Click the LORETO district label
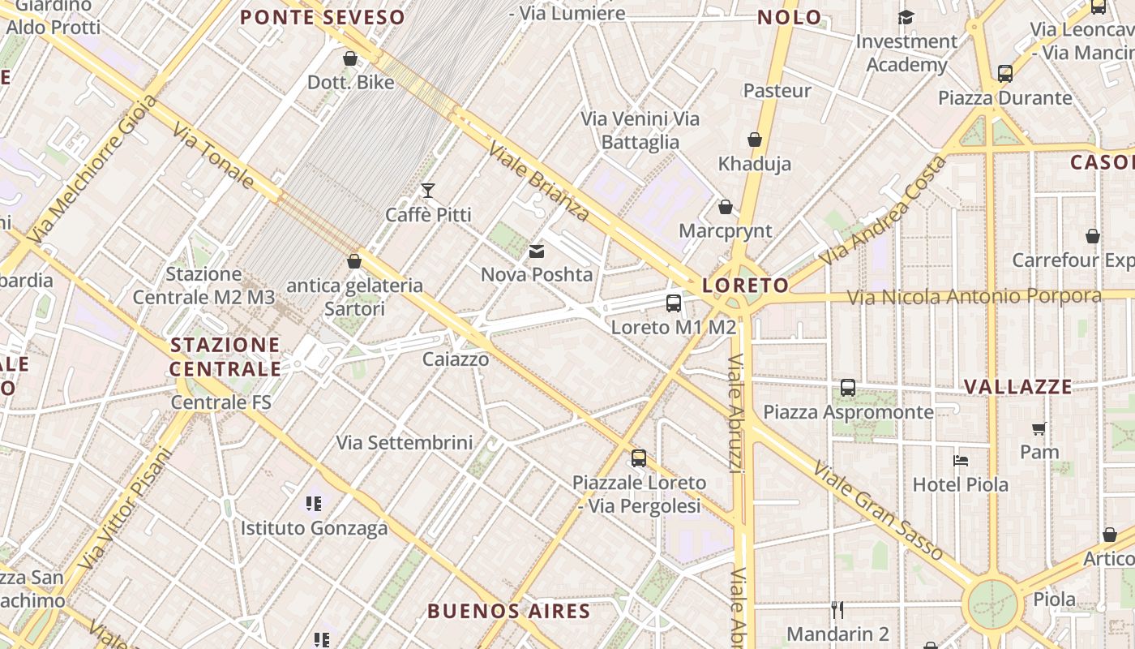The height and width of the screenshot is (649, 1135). (x=745, y=285)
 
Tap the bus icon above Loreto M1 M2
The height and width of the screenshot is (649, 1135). (x=674, y=303)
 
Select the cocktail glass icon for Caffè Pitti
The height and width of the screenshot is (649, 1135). (x=428, y=191)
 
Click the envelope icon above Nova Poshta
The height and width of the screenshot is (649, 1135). (x=537, y=251)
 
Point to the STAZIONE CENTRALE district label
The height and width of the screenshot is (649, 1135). (x=225, y=357)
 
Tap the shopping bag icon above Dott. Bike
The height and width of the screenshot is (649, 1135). (x=350, y=58)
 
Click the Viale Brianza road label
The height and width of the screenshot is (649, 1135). (x=538, y=182)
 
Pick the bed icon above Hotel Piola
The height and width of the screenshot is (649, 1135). (x=961, y=461)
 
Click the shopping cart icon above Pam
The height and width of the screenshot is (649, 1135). (x=1039, y=428)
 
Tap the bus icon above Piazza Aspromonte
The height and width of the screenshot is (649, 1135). (x=848, y=388)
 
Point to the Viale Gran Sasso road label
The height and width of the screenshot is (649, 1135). (x=879, y=511)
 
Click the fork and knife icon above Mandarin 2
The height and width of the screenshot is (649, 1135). (x=837, y=609)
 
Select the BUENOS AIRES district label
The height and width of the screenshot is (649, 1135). (x=508, y=611)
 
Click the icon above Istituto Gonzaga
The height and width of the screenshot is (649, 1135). (x=314, y=504)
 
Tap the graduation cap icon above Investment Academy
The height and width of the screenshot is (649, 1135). (x=906, y=17)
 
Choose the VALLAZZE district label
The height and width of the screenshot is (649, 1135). (x=1018, y=386)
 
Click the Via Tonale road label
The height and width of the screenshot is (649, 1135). (x=214, y=156)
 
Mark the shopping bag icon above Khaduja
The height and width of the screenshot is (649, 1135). (x=755, y=140)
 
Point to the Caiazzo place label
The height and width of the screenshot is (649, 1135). (x=456, y=359)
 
